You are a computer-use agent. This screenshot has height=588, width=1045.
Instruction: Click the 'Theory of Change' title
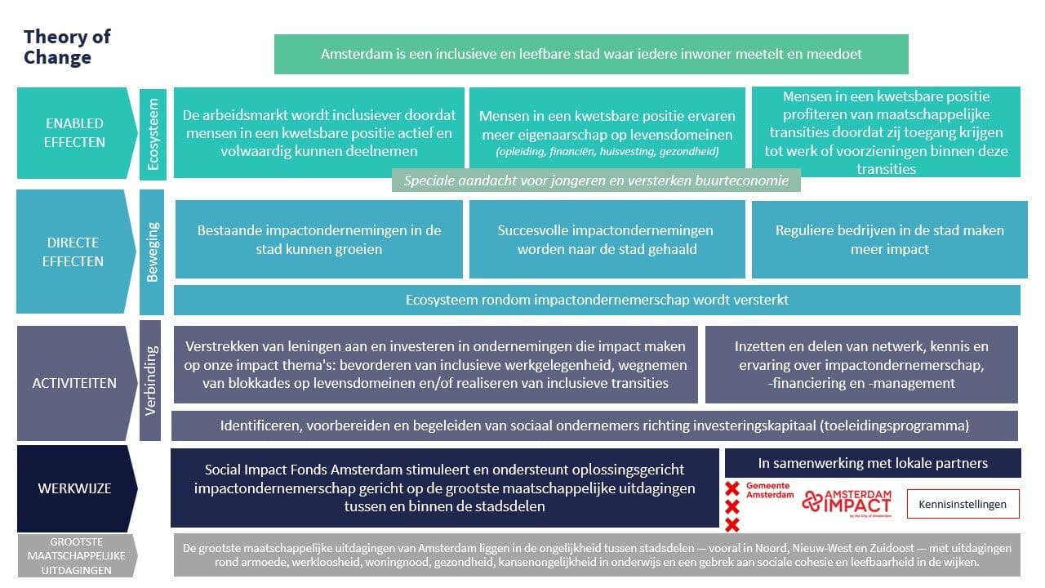[67, 47]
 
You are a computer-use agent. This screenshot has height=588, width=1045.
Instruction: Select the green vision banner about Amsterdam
[591, 54]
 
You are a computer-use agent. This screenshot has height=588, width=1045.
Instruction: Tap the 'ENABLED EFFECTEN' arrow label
[74, 132]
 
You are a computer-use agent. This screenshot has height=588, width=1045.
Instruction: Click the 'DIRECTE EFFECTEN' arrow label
[74, 252]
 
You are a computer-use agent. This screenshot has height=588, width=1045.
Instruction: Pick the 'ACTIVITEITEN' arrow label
[74, 382]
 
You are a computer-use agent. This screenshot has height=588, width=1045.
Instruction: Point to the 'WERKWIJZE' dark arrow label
[74, 488]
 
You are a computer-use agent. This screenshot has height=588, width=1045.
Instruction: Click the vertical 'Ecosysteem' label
[153, 134]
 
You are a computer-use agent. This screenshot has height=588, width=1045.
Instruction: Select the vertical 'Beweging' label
[153, 251]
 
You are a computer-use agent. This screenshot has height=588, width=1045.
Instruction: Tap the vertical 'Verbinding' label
[151, 381]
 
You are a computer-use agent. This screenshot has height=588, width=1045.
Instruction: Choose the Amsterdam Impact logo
[846, 503]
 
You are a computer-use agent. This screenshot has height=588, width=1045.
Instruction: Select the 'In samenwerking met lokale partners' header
[872, 463]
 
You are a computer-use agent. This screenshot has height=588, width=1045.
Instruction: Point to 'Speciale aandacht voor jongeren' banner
[596, 180]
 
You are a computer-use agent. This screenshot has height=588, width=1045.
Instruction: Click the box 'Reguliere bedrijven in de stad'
[889, 239]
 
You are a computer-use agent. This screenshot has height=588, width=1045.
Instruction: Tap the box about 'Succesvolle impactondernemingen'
[607, 239]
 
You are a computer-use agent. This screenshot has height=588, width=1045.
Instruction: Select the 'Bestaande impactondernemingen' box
[318, 239]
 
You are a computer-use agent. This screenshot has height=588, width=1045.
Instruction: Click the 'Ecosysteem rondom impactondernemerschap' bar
[597, 300]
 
